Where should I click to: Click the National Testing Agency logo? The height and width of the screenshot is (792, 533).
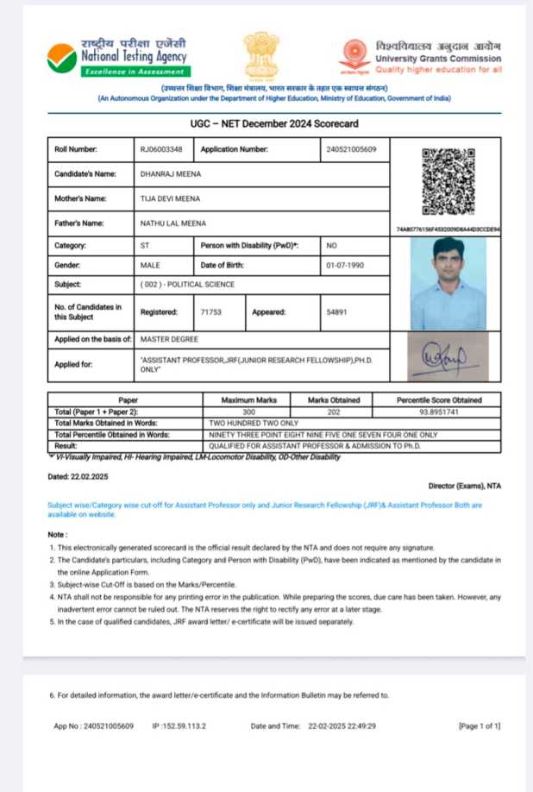[62, 58]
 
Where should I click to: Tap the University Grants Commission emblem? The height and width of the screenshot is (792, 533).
[354, 55]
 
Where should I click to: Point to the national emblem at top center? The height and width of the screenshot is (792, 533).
[260, 55]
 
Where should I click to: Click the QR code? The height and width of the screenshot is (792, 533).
[448, 181]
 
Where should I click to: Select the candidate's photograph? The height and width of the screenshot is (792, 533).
[448, 285]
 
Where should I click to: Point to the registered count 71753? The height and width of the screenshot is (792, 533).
[211, 311]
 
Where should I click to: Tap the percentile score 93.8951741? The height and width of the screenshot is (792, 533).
[438, 412]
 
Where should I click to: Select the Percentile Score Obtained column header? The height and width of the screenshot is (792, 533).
[438, 400]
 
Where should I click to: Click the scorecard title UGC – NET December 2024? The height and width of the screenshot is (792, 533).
[274, 123]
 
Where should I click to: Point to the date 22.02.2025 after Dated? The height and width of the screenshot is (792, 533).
[91, 476]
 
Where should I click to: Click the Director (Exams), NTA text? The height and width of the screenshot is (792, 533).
[464, 486]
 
